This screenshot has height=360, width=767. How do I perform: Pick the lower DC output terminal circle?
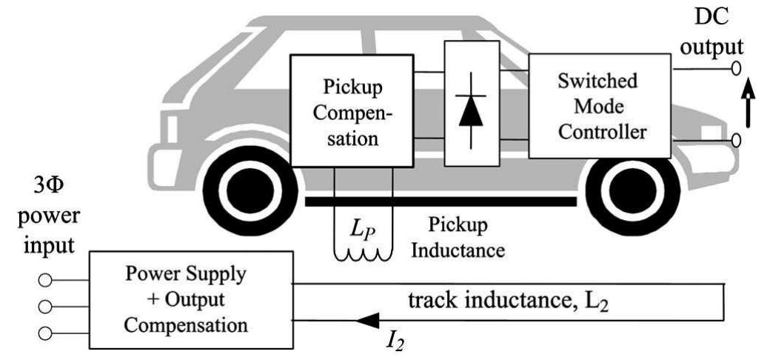click(x=736, y=140)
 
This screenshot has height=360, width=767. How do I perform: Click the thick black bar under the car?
click(x=441, y=201)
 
